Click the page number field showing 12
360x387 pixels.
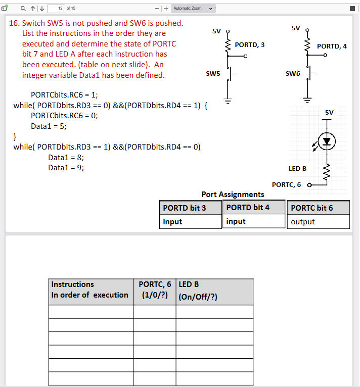57,8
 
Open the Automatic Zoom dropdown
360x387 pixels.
194,8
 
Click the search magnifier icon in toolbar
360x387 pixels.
23,8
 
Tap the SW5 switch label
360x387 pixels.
213,74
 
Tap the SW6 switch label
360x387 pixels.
293,74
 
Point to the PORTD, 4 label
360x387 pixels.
332,46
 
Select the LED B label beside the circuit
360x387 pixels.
297,168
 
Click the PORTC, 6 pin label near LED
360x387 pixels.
286,185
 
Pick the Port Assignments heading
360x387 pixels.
233,194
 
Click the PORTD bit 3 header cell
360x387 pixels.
190,208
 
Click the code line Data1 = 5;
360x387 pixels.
49,126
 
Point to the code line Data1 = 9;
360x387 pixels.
66,168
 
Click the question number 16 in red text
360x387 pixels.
14,23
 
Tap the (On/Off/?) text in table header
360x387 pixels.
198,297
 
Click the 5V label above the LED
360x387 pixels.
329,112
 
